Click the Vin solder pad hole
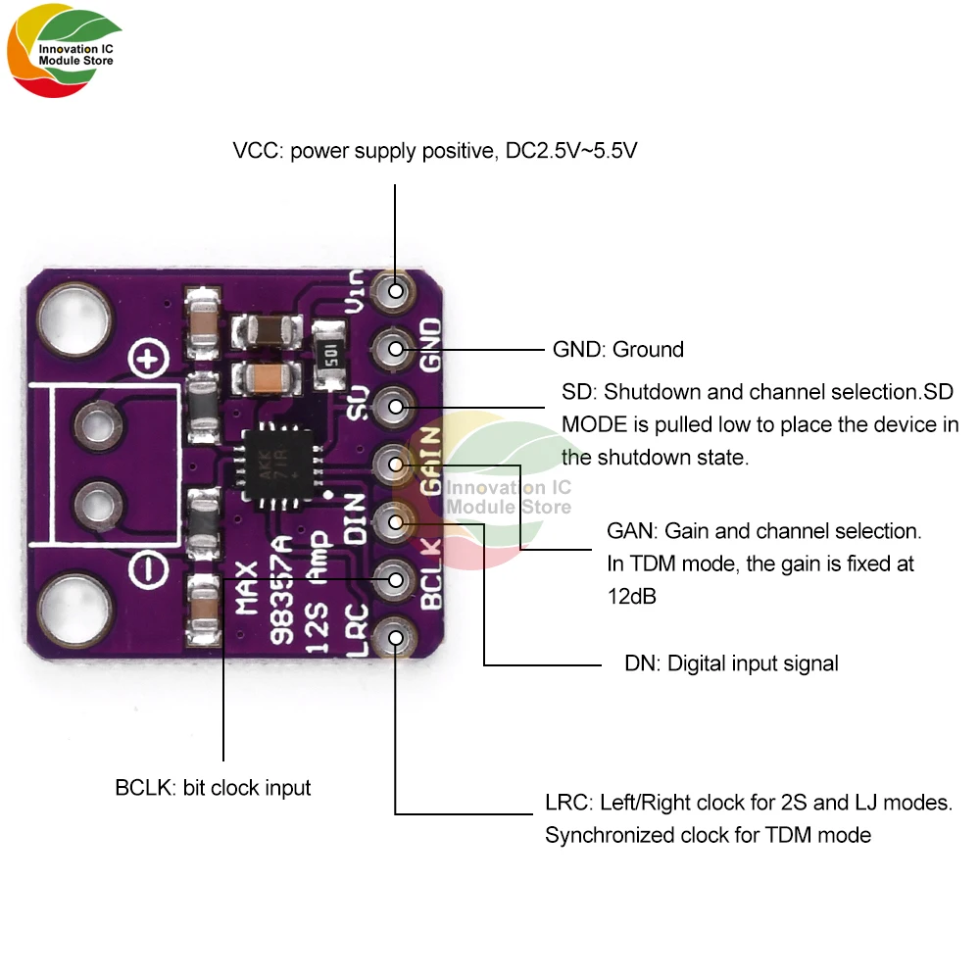(396, 290)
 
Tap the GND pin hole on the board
(396, 348)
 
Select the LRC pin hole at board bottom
(396, 638)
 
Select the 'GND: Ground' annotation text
(618, 349)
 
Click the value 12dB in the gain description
(631, 597)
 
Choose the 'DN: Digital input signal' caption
(731, 663)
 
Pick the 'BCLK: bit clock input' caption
(213, 787)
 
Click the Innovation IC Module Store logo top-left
(64, 54)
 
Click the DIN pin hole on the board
(396, 521)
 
